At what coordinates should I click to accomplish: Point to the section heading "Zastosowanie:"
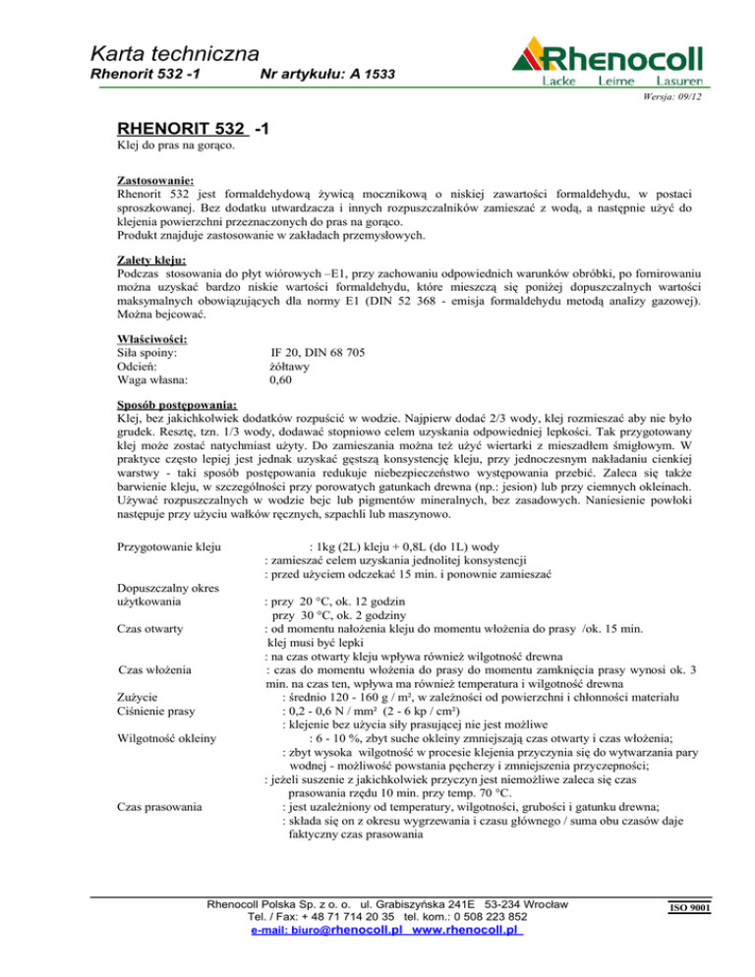pos(154,180)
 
